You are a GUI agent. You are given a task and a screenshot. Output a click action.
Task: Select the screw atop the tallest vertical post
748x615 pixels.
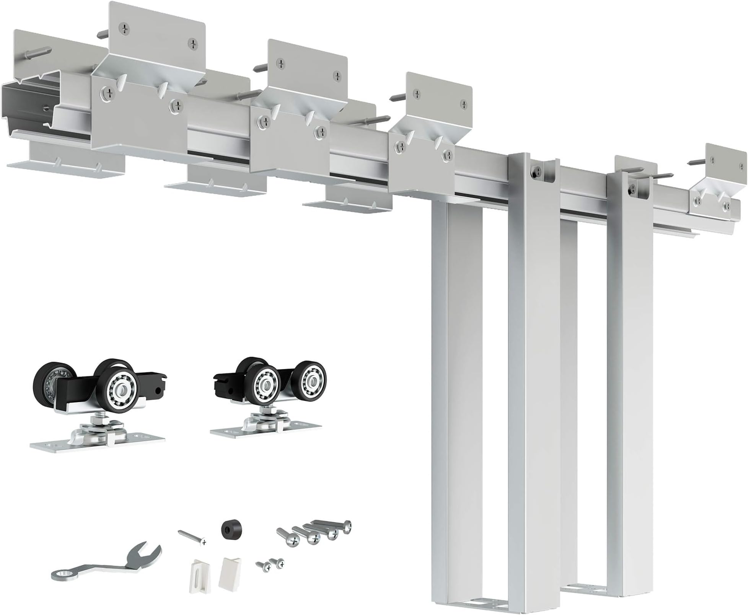pos(535,173)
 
